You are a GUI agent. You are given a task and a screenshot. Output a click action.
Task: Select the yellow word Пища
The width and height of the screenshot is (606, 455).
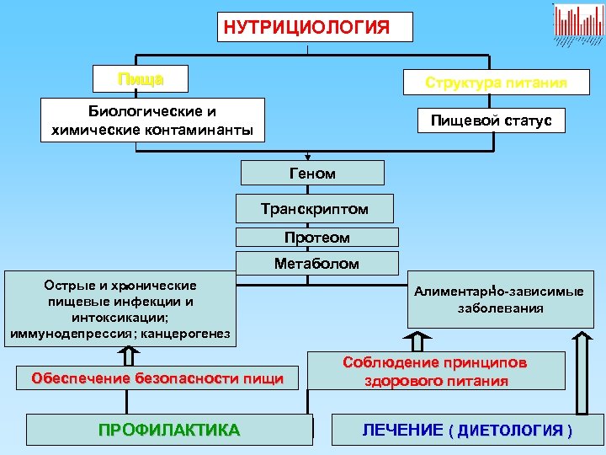point(141,80)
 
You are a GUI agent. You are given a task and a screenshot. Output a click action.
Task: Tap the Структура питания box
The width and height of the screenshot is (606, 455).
point(496,83)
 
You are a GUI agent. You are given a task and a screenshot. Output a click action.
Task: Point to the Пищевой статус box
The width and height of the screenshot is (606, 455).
point(492,120)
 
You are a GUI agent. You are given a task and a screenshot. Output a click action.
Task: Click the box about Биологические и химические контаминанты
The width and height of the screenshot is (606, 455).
point(153,120)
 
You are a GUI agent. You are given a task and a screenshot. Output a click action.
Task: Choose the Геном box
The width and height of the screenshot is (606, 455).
point(312,174)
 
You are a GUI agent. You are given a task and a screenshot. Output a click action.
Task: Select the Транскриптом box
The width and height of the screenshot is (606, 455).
point(315,208)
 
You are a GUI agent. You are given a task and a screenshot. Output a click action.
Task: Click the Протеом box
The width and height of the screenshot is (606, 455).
point(316,238)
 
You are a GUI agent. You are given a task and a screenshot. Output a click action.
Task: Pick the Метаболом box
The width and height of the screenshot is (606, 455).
point(316,264)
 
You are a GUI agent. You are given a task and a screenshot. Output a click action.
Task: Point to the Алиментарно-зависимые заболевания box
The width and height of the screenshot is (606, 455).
point(499,300)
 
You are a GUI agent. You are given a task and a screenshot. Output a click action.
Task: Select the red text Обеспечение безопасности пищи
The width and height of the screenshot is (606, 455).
point(157,378)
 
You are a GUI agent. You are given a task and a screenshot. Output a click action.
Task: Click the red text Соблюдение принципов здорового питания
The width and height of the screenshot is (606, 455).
point(435,372)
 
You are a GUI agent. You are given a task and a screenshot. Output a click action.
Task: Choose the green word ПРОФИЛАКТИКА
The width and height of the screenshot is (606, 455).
point(169,430)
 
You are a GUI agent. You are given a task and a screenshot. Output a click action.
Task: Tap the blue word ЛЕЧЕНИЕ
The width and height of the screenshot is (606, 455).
point(402,430)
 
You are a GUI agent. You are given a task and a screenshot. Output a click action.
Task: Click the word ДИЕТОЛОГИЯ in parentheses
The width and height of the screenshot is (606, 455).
point(510,431)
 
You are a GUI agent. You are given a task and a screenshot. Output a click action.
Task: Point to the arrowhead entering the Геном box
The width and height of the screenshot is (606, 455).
point(308,157)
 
